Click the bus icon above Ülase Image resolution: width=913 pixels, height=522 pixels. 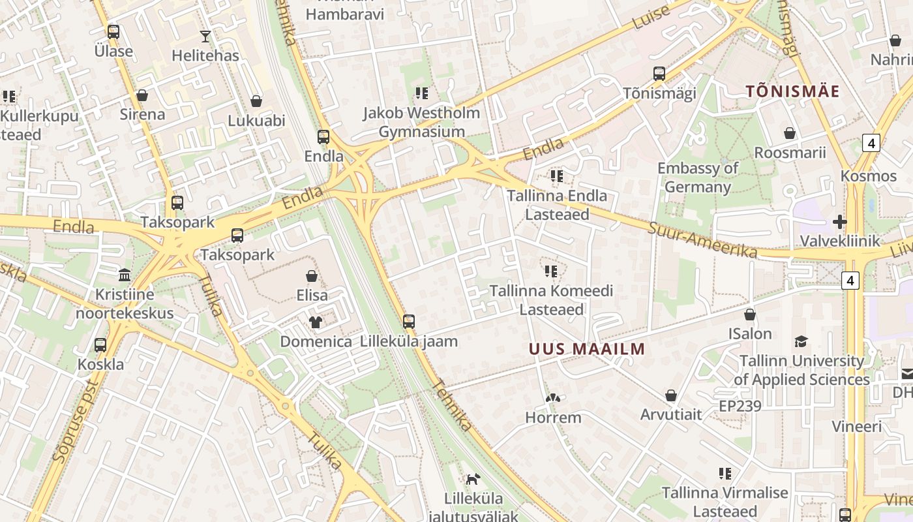point(113,31)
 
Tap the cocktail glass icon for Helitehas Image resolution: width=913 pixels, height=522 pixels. point(205,37)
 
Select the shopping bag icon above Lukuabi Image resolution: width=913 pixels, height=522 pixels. point(256,101)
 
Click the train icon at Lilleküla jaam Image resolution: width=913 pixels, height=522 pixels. point(409,321)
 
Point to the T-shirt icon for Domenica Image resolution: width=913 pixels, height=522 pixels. point(316,322)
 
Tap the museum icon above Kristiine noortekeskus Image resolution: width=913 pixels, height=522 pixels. point(125,274)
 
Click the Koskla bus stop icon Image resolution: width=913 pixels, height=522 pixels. point(100,345)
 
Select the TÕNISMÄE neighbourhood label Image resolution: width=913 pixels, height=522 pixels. point(792,91)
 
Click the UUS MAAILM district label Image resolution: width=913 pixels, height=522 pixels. point(587,349)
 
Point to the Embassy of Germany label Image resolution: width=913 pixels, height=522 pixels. point(698,177)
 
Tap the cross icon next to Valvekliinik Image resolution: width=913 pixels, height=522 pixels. point(839,222)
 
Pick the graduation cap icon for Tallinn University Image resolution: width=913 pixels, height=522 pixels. point(801,341)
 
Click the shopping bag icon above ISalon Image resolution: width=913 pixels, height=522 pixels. point(750,315)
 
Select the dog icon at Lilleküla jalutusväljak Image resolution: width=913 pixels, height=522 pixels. point(473,480)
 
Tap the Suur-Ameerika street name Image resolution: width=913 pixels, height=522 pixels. point(702,239)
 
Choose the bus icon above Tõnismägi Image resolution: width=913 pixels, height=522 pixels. point(659,73)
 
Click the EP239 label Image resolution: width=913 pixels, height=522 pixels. point(740,407)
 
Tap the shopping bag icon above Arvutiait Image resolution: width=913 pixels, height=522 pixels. point(671,395)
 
